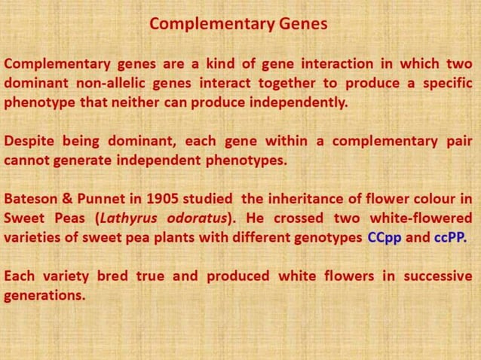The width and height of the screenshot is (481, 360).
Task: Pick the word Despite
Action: [x=29, y=141]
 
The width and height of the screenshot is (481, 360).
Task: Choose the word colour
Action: [x=434, y=200]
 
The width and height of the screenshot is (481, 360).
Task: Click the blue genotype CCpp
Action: [x=384, y=239]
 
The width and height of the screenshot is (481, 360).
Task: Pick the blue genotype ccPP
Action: [x=450, y=239]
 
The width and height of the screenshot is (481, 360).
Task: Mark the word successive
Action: [x=438, y=276]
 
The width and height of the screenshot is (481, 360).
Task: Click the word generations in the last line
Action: [x=44, y=296]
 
